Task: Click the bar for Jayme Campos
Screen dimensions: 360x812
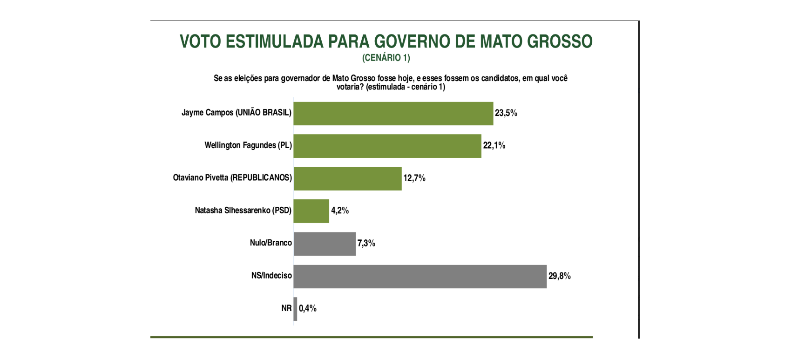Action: tap(393, 114)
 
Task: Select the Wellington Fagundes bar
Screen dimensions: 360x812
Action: tap(387, 146)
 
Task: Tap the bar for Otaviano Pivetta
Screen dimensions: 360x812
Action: tap(347, 179)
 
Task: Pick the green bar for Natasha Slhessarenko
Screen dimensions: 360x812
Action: tap(311, 211)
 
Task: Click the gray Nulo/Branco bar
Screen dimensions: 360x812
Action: tap(325, 244)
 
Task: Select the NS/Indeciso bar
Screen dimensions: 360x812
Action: tap(420, 277)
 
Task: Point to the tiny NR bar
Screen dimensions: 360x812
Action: tap(295, 309)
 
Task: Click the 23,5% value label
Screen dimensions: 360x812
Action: tap(506, 113)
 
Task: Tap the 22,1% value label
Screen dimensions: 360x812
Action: tap(494, 146)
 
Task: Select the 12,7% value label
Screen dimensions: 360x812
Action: tap(414, 178)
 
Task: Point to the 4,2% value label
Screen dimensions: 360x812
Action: tap(340, 211)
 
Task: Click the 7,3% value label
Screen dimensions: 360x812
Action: tap(366, 244)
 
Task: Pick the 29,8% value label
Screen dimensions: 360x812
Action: tap(560, 276)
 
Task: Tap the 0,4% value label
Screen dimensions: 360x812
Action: tap(308, 309)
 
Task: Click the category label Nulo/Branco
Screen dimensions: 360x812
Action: tap(271, 243)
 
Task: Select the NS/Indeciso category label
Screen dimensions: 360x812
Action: tap(271, 276)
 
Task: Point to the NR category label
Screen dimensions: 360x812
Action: tap(286, 308)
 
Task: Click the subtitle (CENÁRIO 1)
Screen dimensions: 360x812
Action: tap(386, 58)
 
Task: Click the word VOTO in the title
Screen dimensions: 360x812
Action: tap(200, 41)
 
